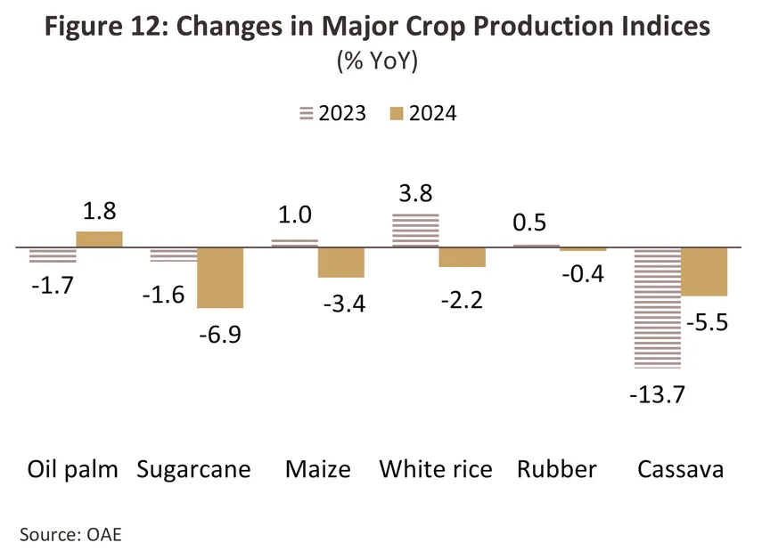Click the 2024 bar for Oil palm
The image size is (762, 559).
99,239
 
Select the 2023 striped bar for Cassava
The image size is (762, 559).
657,306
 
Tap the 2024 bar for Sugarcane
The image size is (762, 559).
220,278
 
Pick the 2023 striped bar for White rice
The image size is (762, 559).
415,230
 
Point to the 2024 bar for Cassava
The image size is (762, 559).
704,271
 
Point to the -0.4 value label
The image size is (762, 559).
584,273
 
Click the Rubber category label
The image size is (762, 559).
556,469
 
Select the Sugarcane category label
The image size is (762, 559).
193,469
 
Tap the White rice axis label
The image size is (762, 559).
436,469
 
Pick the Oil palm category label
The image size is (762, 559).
73,469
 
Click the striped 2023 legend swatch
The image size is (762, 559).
307,114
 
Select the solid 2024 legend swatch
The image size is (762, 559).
397,114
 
